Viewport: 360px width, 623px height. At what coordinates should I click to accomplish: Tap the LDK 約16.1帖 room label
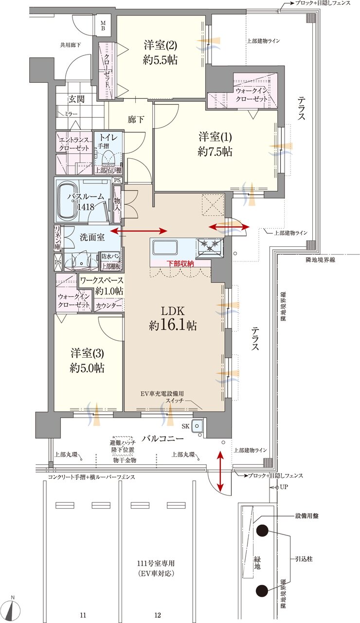coord(173,318)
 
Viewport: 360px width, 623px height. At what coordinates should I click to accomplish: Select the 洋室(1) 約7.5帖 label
coord(215,143)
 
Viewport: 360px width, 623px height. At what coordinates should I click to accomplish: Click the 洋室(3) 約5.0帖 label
coord(87,361)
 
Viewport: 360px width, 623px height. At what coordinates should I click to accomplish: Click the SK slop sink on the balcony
coord(197,426)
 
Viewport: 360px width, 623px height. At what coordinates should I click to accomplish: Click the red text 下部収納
coord(180,263)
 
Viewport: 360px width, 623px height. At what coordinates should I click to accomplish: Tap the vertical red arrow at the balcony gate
coord(220,471)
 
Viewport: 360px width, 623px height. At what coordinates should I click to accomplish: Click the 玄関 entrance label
coord(76,99)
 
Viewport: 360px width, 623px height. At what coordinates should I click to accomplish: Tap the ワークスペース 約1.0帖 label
coord(101,286)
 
